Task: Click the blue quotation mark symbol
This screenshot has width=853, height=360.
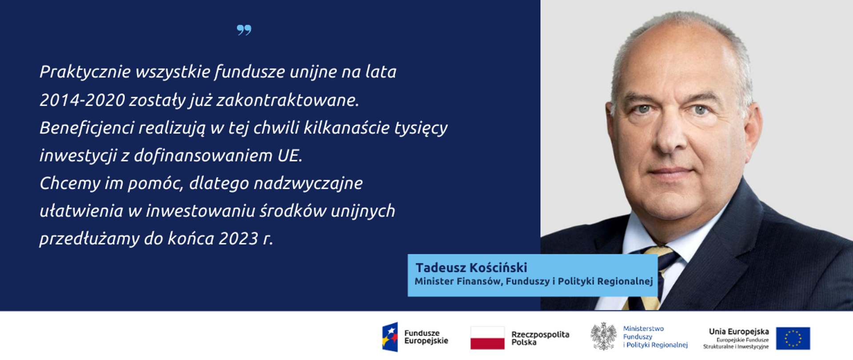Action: (244, 30)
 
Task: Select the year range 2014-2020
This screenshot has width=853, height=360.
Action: (82, 100)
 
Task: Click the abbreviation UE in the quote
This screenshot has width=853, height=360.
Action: (289, 156)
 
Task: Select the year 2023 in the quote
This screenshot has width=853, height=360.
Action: (238, 239)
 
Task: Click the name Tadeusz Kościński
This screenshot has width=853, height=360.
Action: (471, 268)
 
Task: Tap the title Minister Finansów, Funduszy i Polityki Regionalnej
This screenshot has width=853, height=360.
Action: (533, 281)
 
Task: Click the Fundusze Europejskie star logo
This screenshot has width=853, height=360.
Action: (390, 337)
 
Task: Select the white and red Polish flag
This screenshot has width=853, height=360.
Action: (487, 338)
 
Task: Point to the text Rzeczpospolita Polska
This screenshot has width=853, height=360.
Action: (540, 338)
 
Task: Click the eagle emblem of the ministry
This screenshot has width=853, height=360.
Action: (603, 336)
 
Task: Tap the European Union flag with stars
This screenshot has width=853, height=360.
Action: (793, 338)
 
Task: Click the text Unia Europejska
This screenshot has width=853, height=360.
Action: (738, 332)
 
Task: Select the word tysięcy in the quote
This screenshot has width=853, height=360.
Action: (422, 128)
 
